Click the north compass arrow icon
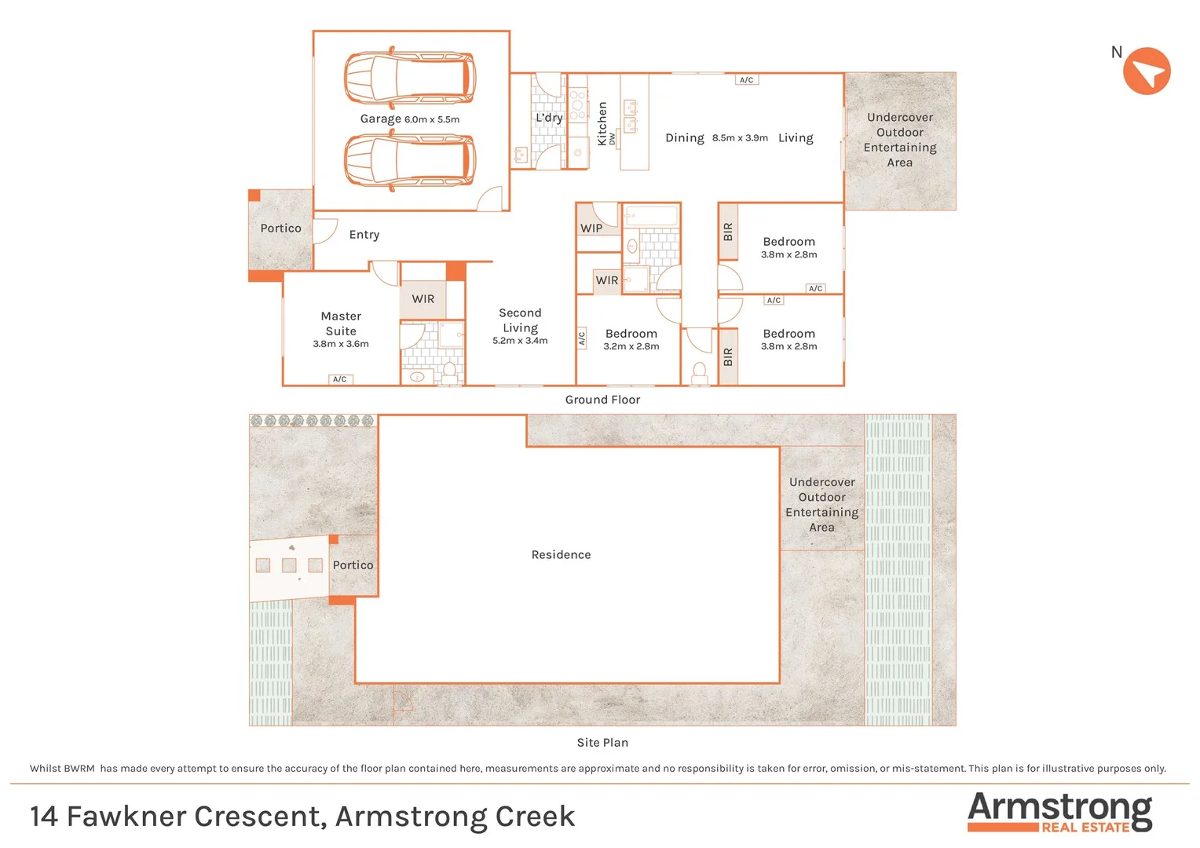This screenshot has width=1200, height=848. point(1147,71)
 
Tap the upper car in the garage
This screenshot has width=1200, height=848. point(410,78)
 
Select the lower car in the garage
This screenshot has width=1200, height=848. point(410,161)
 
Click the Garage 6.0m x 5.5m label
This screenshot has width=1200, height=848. point(409,119)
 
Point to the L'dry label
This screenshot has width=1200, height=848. point(549,118)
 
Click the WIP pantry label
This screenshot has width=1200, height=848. point(591,228)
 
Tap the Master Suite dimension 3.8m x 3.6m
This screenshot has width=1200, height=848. point(341,344)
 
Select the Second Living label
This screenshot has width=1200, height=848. point(520,320)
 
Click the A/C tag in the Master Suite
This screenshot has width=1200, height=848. point(340,379)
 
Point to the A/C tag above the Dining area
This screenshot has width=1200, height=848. point(747,80)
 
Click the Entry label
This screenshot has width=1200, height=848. point(364,235)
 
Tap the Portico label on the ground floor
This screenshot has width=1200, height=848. point(280,228)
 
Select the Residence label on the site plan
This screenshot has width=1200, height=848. point(561,555)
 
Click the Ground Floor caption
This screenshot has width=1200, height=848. point(602,400)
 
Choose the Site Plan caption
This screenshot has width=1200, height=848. point(602,743)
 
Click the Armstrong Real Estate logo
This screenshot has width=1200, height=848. point(1059,812)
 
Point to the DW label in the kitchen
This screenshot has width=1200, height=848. point(613,139)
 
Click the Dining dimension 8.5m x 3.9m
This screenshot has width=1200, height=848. point(740,138)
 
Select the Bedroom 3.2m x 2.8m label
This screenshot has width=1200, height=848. point(631,339)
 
